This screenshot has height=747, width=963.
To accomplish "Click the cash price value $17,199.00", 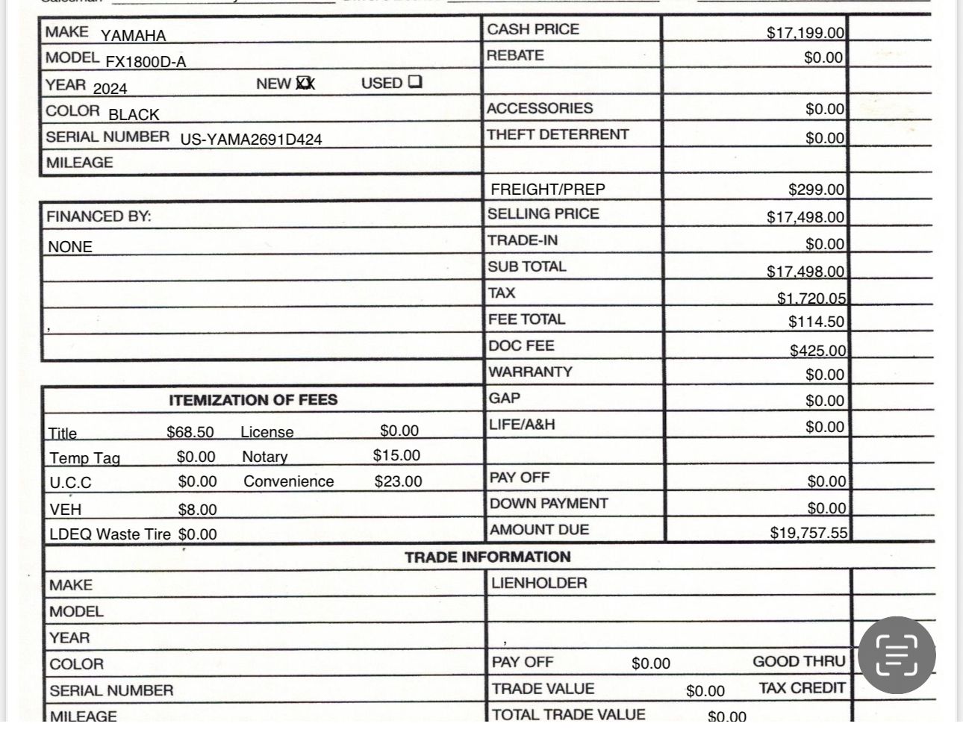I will click(x=805, y=33).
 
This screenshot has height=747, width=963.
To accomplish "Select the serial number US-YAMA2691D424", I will click(x=251, y=140).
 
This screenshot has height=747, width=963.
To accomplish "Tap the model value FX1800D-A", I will click(x=146, y=62).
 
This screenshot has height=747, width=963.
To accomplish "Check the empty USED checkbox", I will click(x=416, y=82).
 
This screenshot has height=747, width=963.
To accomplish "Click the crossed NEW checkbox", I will click(x=305, y=84).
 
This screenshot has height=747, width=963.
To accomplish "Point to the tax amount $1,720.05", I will click(x=811, y=299).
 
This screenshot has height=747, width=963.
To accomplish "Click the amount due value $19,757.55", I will click(x=808, y=533).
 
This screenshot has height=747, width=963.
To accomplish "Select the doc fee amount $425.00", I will click(x=817, y=351).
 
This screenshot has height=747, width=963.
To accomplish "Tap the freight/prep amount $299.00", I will click(x=816, y=190).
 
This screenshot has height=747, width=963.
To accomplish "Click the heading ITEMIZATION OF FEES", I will click(x=253, y=400).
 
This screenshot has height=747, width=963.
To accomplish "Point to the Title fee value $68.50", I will click(x=190, y=432).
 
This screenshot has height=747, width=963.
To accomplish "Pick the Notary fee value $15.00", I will click(x=396, y=455).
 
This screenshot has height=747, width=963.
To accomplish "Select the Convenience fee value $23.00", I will click(x=398, y=481).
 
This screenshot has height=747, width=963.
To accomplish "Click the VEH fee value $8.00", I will click(x=197, y=510).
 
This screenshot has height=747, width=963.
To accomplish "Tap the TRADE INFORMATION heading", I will click(x=487, y=557).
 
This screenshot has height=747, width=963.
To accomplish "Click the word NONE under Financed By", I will click(x=70, y=247).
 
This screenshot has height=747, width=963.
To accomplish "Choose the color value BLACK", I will click(x=134, y=115).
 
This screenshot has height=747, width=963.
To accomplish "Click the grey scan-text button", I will click(x=896, y=655).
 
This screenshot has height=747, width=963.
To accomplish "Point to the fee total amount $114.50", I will click(x=817, y=322).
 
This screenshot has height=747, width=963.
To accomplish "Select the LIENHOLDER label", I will click(x=539, y=583).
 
